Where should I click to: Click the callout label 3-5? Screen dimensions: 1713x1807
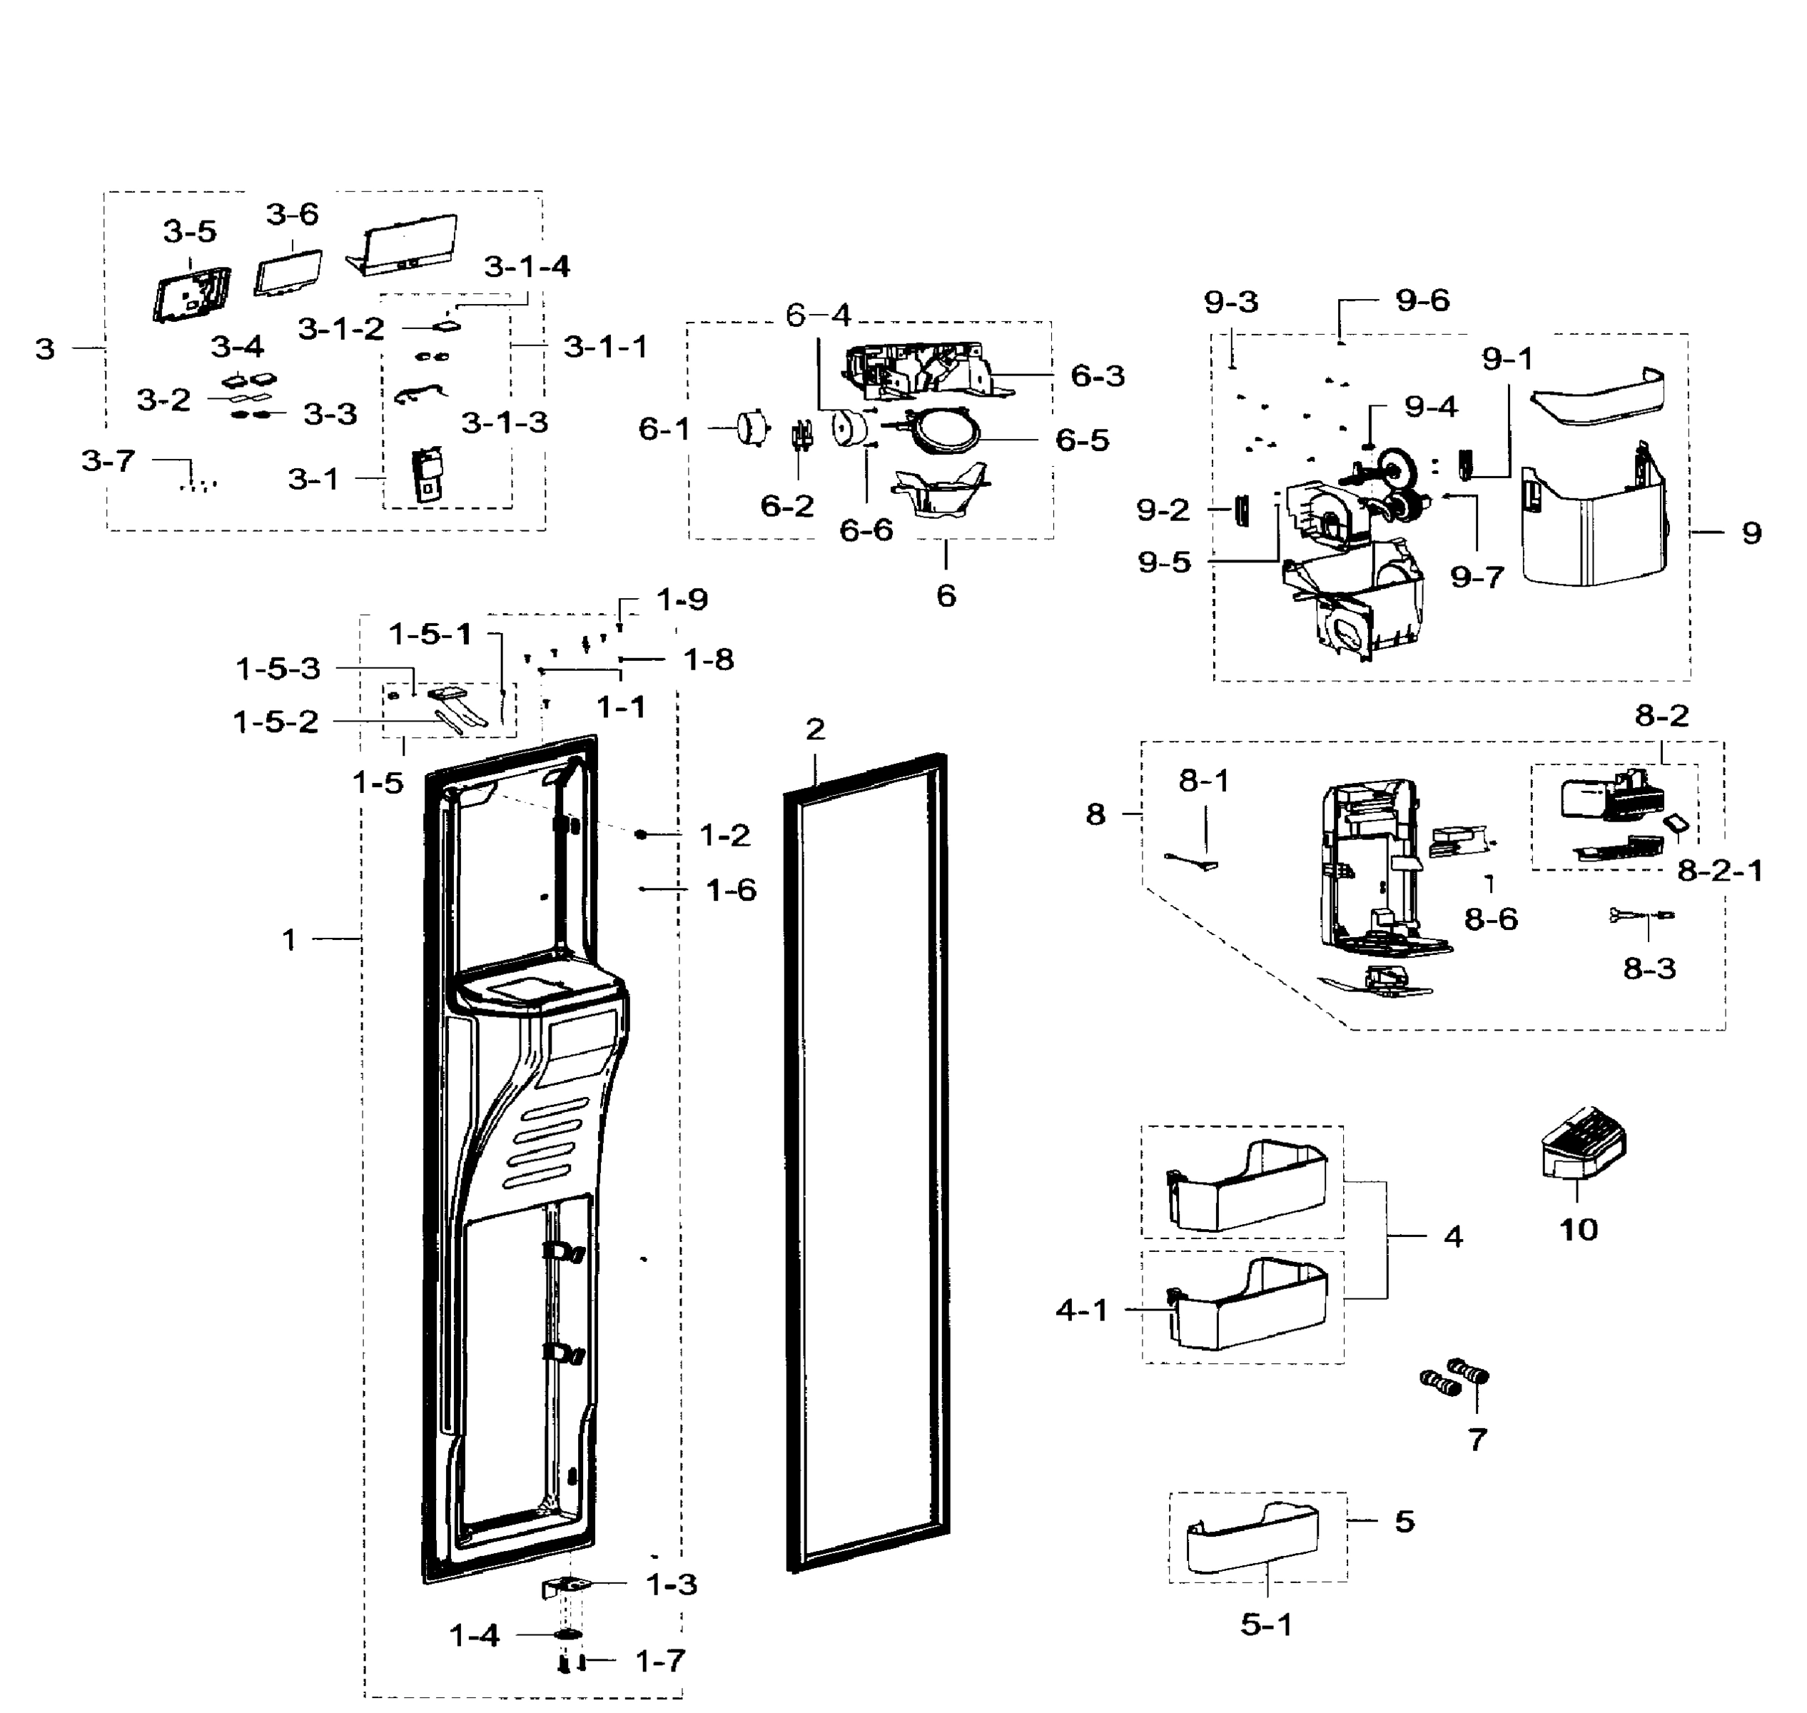pyautogui.click(x=190, y=232)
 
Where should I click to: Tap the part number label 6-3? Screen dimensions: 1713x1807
pyautogui.click(x=1097, y=375)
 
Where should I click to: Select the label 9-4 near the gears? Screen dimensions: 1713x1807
pyautogui.click(x=1431, y=406)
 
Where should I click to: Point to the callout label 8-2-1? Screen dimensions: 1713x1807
pyautogui.click(x=1719, y=870)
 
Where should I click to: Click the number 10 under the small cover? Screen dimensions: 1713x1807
pyautogui.click(x=1578, y=1230)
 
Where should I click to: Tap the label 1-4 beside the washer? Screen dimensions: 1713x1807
pyautogui.click(x=474, y=1635)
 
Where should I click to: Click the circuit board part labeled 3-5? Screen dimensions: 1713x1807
pyautogui.click(x=192, y=294)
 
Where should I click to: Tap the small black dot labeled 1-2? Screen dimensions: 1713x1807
pyautogui.click(x=641, y=834)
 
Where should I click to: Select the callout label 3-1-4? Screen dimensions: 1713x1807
pyautogui.click(x=526, y=267)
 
